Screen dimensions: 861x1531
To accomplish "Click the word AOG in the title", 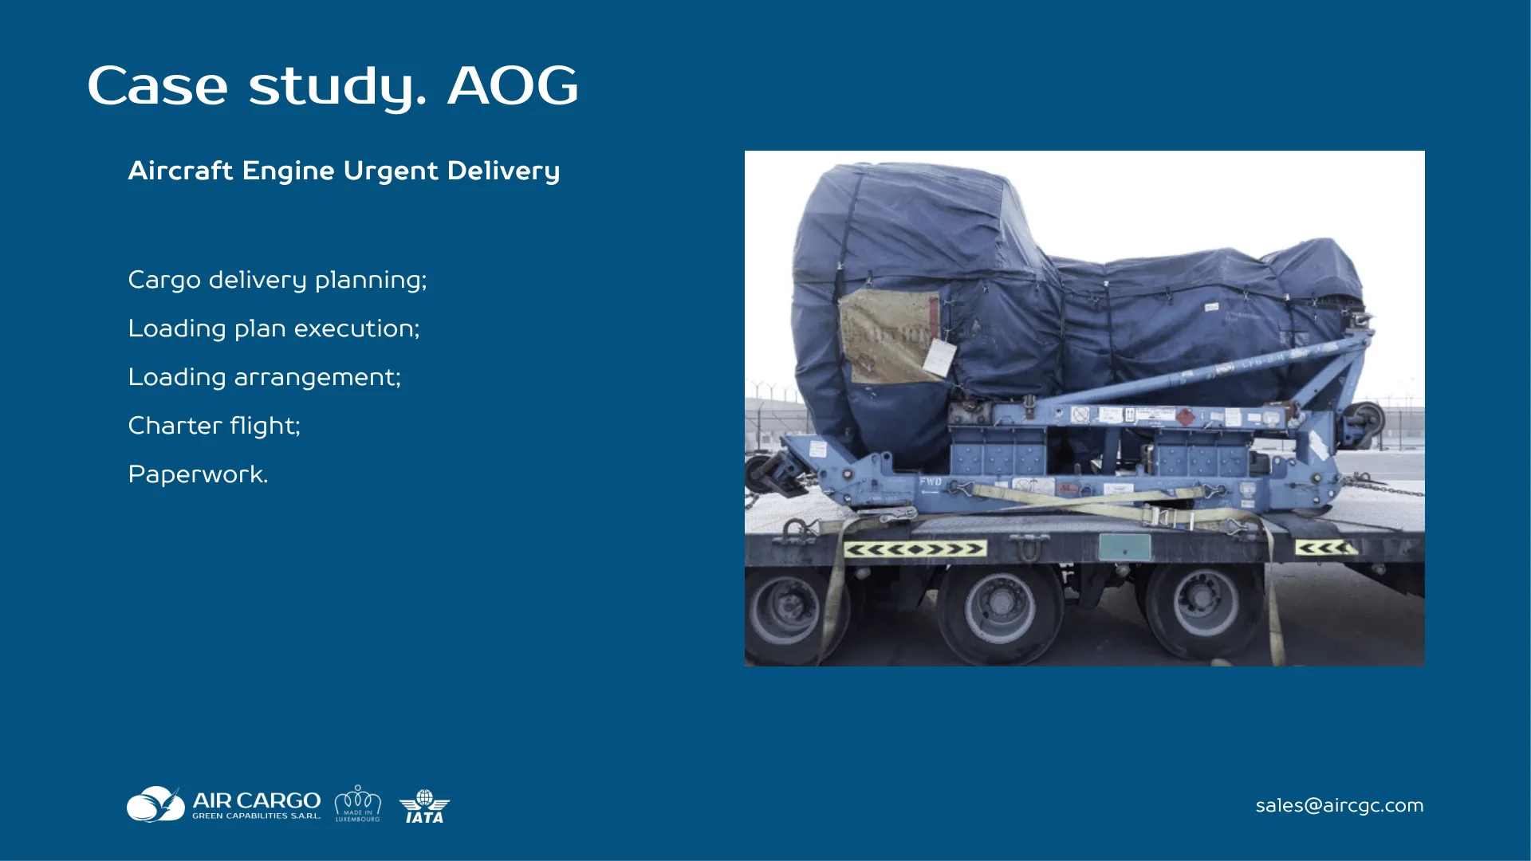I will [x=513, y=86].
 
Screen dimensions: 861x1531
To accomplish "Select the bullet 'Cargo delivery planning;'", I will [x=277, y=281].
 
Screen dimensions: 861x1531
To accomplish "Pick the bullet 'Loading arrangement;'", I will [x=264, y=378].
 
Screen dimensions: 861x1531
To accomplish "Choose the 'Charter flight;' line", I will [x=214, y=427].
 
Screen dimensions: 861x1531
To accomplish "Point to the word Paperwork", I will [x=198, y=475].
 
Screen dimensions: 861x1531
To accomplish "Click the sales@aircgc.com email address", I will [x=1339, y=806].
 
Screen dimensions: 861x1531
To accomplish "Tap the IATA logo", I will [x=424, y=806].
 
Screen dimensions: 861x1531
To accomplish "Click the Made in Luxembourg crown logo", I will [x=357, y=804].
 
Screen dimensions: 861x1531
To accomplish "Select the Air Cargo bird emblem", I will [x=155, y=804].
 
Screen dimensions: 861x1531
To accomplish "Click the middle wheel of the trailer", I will [x=999, y=611].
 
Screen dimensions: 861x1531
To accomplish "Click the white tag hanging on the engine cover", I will [x=939, y=357].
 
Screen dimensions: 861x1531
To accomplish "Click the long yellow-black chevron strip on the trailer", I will [x=915, y=549].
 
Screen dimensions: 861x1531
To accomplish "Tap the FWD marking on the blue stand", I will [x=930, y=482].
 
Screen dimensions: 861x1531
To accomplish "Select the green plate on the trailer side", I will [x=1124, y=548].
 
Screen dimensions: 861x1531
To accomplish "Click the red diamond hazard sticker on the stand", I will [x=1185, y=417].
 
